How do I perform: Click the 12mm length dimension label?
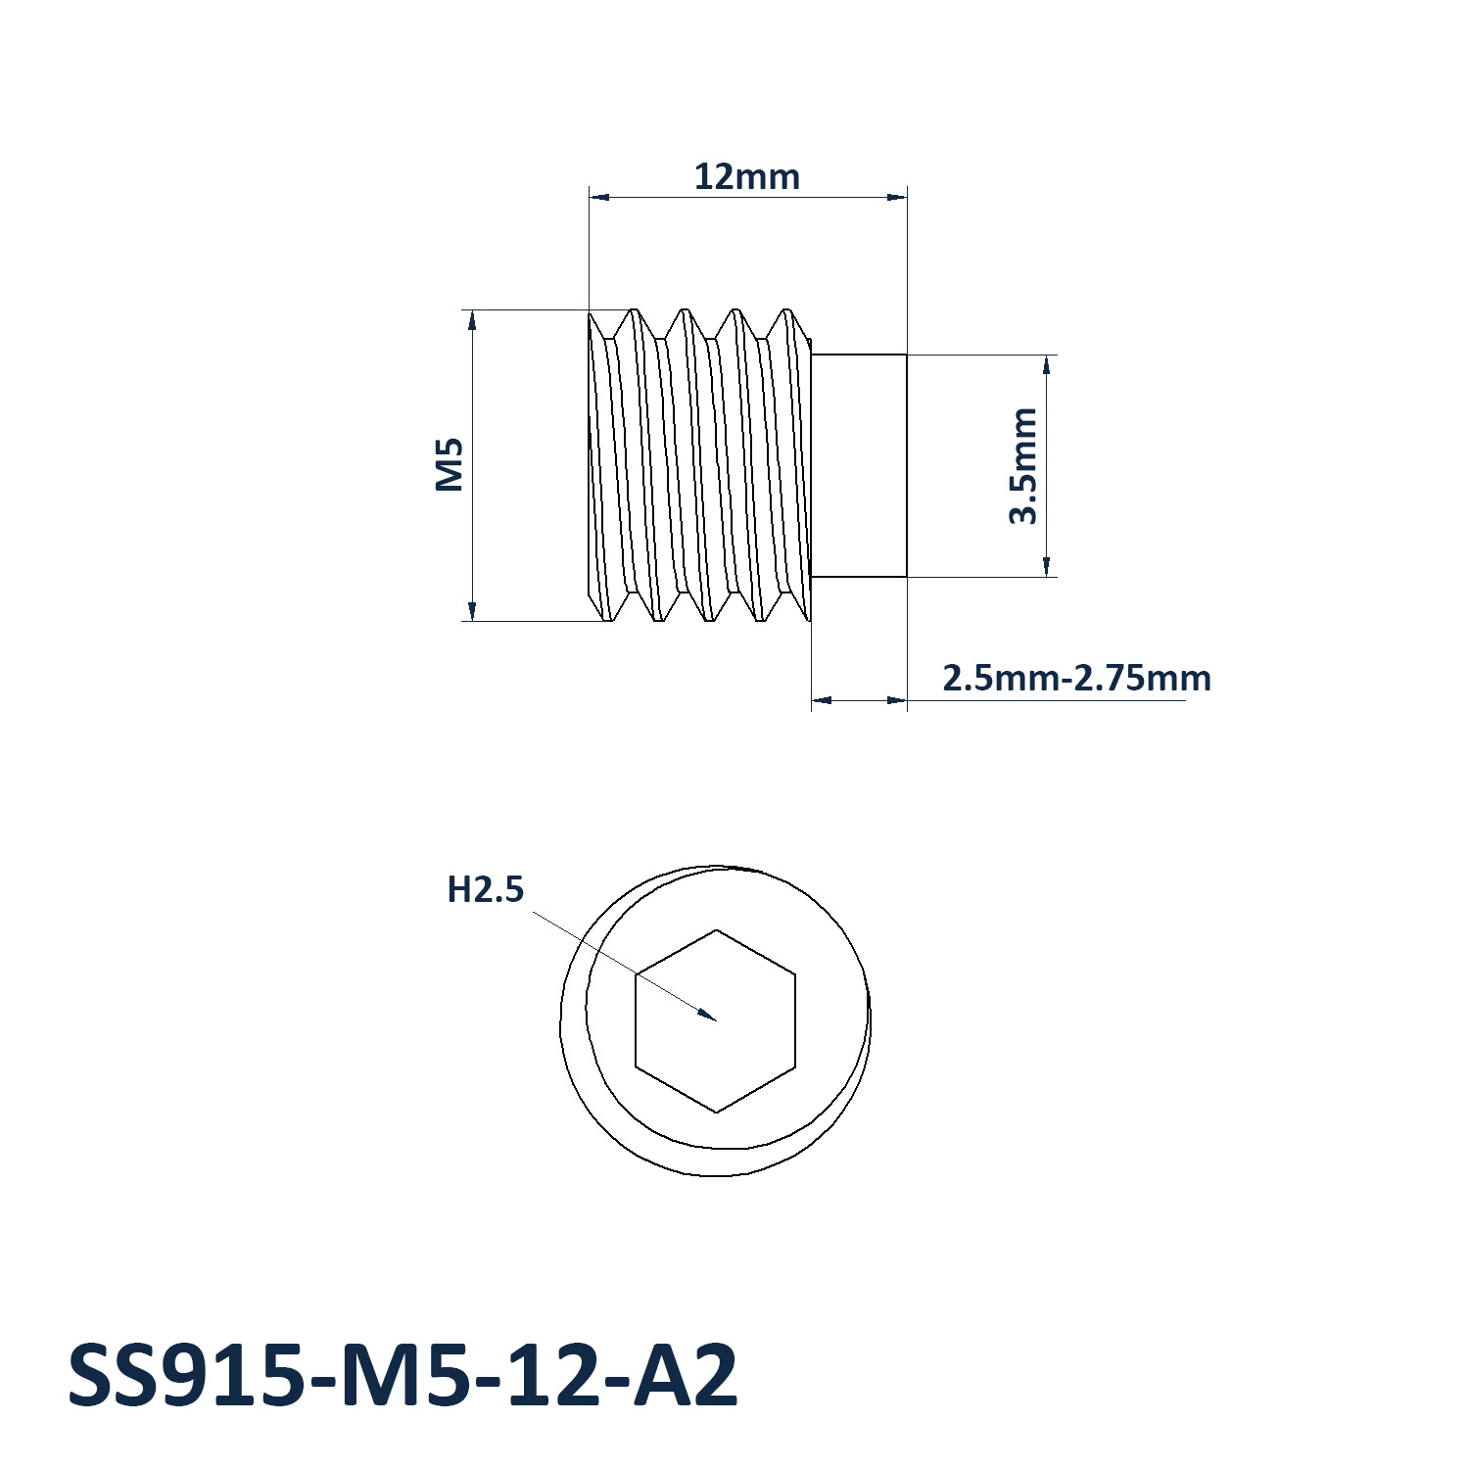point(747,177)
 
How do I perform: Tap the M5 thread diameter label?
point(450,465)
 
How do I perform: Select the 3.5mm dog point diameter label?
point(1023,466)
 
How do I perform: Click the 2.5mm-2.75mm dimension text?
point(1076,678)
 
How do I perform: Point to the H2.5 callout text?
point(486,889)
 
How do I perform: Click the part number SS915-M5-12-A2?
point(403,1376)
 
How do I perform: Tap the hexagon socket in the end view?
point(716,1020)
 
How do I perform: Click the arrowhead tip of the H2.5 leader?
point(717,1020)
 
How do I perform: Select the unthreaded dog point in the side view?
point(860,466)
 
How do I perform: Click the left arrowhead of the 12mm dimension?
point(591,197)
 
